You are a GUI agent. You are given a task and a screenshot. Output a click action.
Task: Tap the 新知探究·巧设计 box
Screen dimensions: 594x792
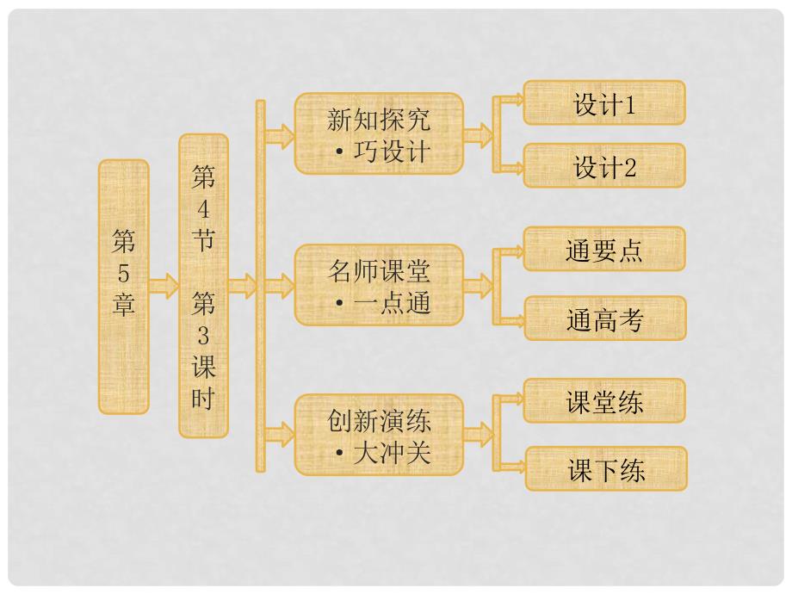click(x=379, y=134)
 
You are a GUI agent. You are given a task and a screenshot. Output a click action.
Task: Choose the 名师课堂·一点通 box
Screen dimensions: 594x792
click(x=379, y=284)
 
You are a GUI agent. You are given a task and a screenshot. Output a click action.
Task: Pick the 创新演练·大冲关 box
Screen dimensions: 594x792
click(x=379, y=434)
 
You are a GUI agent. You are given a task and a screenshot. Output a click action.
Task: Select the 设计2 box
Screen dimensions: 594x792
click(x=604, y=165)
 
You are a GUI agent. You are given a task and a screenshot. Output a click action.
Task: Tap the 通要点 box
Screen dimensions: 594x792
click(x=604, y=250)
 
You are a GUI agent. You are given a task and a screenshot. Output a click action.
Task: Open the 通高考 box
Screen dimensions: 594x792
click(x=604, y=319)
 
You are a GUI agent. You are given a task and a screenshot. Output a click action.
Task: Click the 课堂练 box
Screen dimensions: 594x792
click(x=604, y=401)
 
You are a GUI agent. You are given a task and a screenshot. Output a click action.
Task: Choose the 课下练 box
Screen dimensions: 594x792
click(x=606, y=469)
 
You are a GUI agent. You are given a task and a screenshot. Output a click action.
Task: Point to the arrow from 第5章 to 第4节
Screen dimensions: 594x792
click(x=163, y=284)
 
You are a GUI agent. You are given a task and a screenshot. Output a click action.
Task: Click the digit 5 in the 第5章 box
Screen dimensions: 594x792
click(x=124, y=274)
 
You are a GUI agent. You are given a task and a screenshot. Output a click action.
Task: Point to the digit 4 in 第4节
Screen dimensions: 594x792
click(x=203, y=208)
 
